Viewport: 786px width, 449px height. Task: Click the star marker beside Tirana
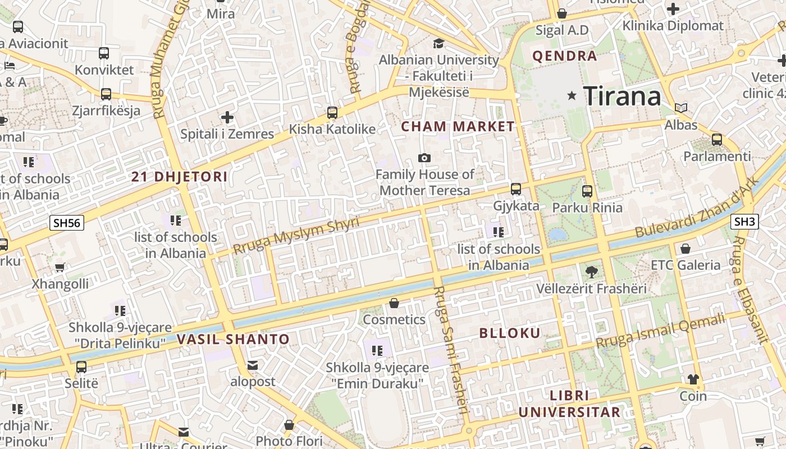[x=572, y=95]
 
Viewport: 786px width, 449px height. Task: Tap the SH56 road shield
[x=67, y=223]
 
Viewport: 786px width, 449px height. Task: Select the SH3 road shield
[x=744, y=222]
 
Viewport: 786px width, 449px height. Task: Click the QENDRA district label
[x=564, y=56]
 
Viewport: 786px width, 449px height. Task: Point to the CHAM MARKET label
[x=458, y=126]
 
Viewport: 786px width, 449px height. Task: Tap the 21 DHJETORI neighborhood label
[x=180, y=177]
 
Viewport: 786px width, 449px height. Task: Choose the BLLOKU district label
[x=510, y=333]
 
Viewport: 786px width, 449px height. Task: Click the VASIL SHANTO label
[x=233, y=339]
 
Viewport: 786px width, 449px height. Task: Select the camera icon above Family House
[x=424, y=158]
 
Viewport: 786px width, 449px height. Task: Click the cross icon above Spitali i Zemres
[x=227, y=117]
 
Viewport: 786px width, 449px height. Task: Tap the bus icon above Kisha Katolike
[x=332, y=112]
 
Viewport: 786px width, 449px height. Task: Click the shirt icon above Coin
[x=693, y=379]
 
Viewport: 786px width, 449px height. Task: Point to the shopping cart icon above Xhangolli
[x=60, y=267]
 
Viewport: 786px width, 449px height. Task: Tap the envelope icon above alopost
[x=253, y=366]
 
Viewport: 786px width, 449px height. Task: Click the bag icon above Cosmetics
[x=394, y=303]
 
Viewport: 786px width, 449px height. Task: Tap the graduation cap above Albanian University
[x=438, y=43]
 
